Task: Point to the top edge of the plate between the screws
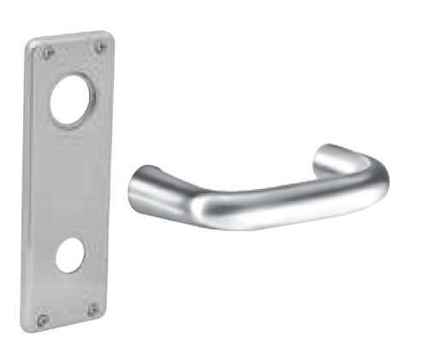(73, 38)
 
